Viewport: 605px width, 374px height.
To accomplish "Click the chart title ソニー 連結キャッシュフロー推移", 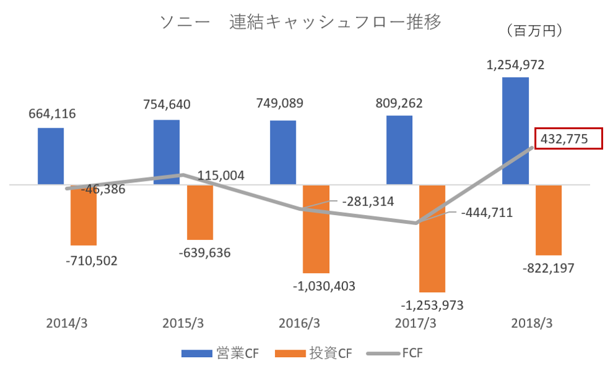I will click(x=300, y=22).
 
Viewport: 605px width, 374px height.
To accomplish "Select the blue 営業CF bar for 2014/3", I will click(x=51, y=156).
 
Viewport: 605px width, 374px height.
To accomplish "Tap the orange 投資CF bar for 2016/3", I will click(x=316, y=229).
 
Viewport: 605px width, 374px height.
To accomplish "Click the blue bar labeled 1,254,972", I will click(x=515, y=131).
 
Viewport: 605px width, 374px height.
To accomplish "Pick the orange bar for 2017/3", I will click(x=432, y=238).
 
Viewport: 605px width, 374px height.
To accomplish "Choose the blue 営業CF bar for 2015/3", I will click(x=167, y=152).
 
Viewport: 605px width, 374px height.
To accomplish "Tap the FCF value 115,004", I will click(x=221, y=176).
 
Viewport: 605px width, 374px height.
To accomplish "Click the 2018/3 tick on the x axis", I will click(x=532, y=324).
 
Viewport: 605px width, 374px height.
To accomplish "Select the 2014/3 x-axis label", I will click(x=67, y=324).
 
